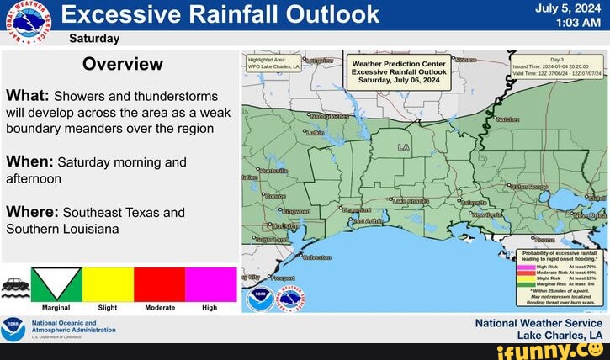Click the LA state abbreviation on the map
[x=405, y=146]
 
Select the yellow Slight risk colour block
[x=107, y=284]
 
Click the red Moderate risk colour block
[x=159, y=284]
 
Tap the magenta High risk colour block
[x=210, y=284]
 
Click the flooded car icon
[x=15, y=285]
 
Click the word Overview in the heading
[x=123, y=65]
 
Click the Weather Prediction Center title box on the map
[x=399, y=72]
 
